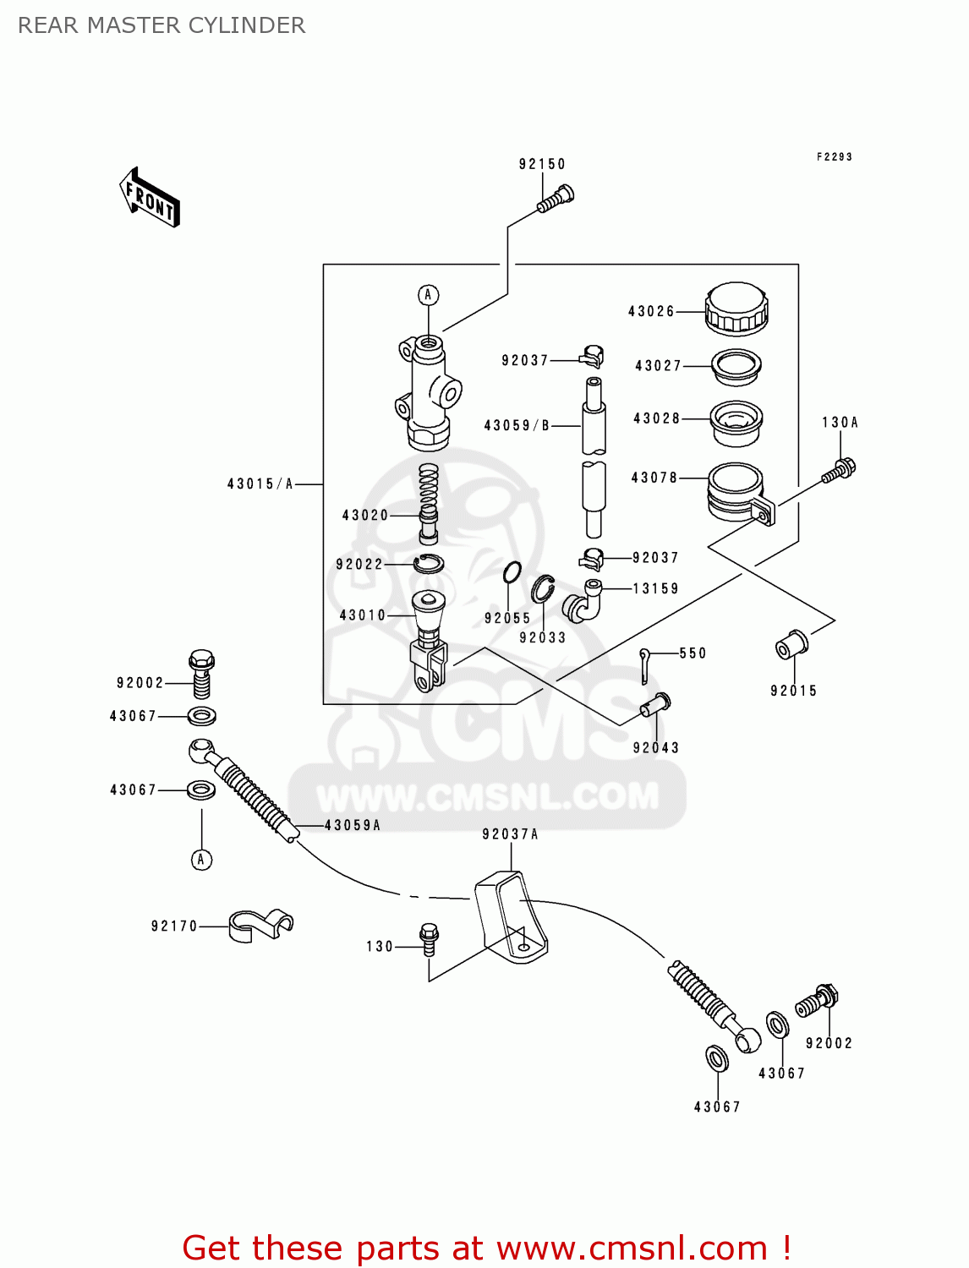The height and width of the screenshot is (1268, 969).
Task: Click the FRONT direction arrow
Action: pyautogui.click(x=150, y=198)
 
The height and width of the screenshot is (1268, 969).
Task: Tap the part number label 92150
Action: pyautogui.click(x=542, y=164)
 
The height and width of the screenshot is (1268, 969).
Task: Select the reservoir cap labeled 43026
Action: pyautogui.click(x=736, y=309)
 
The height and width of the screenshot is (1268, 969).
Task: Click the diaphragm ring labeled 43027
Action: pyautogui.click(x=736, y=366)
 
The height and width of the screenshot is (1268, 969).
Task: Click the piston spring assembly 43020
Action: pyautogui.click(x=430, y=504)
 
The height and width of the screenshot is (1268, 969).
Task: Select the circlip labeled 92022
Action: pyautogui.click(x=430, y=563)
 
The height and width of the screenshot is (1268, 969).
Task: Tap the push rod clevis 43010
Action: pyautogui.click(x=428, y=640)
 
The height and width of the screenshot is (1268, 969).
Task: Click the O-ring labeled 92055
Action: pyautogui.click(x=512, y=573)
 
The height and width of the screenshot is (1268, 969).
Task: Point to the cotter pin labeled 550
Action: pyautogui.click(x=645, y=664)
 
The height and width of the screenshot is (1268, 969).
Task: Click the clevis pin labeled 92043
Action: pyautogui.click(x=655, y=704)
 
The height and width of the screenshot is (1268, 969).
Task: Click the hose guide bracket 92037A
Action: pyautogui.click(x=510, y=918)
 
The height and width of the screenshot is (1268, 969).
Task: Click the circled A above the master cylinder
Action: pyautogui.click(x=429, y=295)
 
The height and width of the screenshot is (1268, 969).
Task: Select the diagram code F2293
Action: pyautogui.click(x=834, y=157)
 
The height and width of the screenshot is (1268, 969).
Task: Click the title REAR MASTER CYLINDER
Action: pyautogui.click(x=161, y=25)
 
